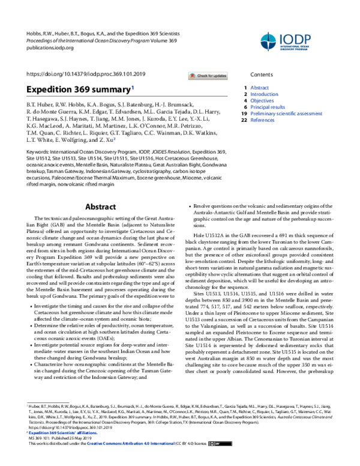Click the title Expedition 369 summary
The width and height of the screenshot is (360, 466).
77,89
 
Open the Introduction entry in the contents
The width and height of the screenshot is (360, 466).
264,94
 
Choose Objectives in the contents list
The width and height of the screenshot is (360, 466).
263,101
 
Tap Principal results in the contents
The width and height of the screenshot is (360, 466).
269,107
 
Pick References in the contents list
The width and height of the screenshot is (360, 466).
263,120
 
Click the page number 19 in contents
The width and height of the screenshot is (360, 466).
244,113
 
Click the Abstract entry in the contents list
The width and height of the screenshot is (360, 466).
260,88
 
